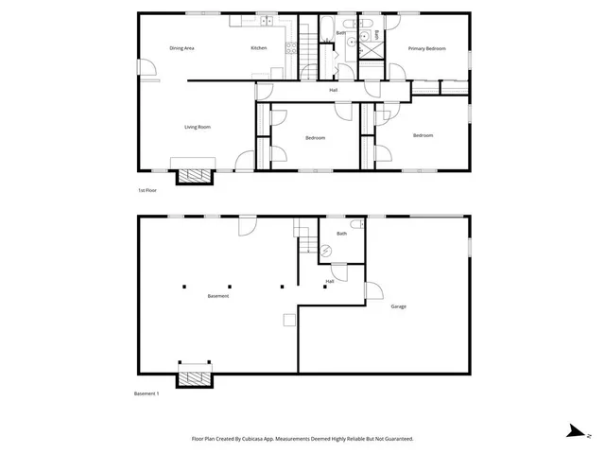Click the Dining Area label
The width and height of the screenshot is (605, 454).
coord(181,48)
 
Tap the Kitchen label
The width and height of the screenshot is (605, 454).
coord(258,48)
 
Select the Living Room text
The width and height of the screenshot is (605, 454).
coord(197,126)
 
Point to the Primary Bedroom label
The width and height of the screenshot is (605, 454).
coord(426,48)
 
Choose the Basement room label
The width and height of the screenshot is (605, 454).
coord(218,296)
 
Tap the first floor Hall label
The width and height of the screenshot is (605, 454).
coord(334,91)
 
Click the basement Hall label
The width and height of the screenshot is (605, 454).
coord(330,281)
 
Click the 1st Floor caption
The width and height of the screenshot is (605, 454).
coord(147,191)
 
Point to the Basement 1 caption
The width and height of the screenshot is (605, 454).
coord(146,393)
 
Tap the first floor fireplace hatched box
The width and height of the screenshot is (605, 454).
coord(196,174)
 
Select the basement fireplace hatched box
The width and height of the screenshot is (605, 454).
coord(195,377)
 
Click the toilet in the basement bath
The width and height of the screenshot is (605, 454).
coord(355,224)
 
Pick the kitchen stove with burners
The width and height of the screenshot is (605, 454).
coord(267,21)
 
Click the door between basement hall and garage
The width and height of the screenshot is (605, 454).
coord(372,291)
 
